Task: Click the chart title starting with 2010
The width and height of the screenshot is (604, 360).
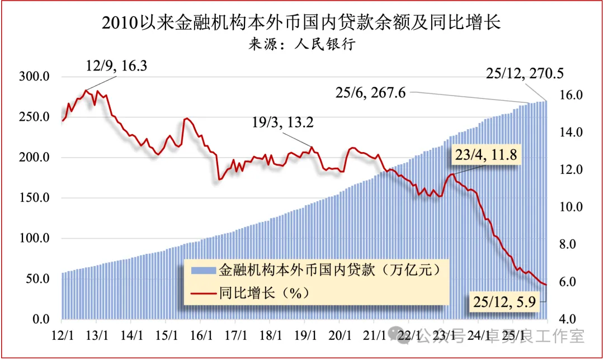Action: pyautogui.click(x=301, y=22)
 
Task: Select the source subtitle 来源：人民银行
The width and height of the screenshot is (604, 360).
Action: pyautogui.click(x=301, y=44)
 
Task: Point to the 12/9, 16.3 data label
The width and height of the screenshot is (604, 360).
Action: pyautogui.click(x=116, y=66)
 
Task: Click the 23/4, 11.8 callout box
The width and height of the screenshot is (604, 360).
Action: pyautogui.click(x=487, y=155)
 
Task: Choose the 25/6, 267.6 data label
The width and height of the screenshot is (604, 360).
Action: pyautogui.click(x=370, y=93)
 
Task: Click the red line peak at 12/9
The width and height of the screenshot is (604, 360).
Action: pyautogui.click(x=86, y=91)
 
